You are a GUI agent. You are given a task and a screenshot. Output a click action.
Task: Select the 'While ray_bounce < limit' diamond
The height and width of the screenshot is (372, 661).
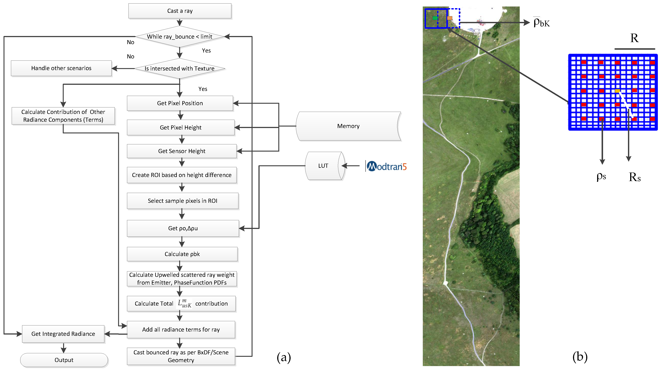(x=180, y=37)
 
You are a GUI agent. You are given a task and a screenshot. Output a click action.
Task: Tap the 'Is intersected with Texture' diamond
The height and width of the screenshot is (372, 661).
(x=180, y=68)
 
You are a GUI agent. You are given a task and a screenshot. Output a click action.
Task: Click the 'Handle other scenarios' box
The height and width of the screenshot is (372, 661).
(x=61, y=68)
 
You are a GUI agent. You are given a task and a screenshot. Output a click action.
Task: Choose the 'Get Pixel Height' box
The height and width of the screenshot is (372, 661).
(x=180, y=127)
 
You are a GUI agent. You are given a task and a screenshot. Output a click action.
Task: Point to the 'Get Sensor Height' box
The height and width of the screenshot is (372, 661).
(x=181, y=151)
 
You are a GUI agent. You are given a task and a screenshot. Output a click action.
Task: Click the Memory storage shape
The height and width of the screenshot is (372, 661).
(x=348, y=126)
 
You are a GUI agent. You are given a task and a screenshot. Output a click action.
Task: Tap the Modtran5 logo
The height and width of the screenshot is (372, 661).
(x=386, y=166)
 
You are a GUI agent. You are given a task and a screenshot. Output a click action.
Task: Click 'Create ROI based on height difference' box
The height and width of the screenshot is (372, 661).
(x=181, y=175)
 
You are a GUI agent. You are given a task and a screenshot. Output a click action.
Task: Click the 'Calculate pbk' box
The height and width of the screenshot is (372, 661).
(x=182, y=254)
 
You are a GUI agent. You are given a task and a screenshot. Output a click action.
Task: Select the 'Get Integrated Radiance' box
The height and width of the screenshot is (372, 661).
(x=63, y=334)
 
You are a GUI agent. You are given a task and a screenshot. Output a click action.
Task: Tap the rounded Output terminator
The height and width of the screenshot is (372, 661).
(x=64, y=360)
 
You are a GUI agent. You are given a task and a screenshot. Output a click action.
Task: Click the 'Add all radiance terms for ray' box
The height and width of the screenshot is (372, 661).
(x=181, y=330)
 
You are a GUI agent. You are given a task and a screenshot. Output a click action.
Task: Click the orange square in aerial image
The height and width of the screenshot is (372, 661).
(x=450, y=18)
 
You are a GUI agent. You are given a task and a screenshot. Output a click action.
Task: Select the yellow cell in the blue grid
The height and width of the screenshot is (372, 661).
(x=617, y=91)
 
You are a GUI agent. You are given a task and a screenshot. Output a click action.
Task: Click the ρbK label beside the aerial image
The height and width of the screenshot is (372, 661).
(x=541, y=23)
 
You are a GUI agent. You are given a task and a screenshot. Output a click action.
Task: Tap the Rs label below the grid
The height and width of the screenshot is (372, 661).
(x=635, y=177)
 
